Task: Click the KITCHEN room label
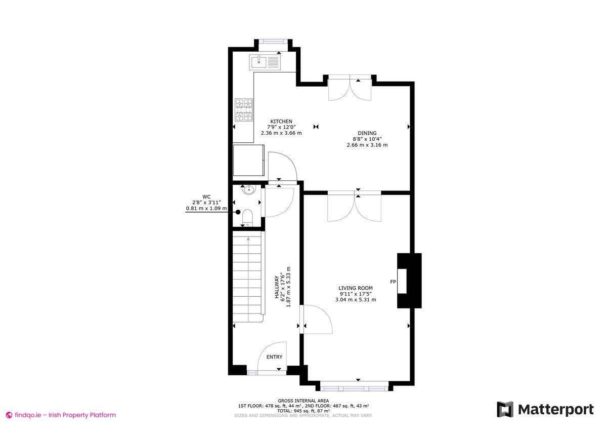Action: [x=281, y=121]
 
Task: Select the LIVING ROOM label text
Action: [x=356, y=288]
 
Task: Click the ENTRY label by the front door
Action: [x=274, y=357]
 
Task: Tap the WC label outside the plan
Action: [x=206, y=197]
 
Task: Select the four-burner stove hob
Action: [x=243, y=110]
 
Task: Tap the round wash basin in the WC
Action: [x=248, y=190]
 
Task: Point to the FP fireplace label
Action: [x=393, y=281]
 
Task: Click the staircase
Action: [x=248, y=276]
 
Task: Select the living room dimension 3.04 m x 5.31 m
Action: [x=356, y=299]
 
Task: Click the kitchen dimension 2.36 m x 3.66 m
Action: [x=281, y=133]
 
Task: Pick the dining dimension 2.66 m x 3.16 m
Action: [x=367, y=145]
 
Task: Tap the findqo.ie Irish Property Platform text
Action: [x=61, y=415]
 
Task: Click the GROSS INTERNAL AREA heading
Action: [x=303, y=401]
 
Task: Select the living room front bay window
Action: [x=354, y=388]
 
